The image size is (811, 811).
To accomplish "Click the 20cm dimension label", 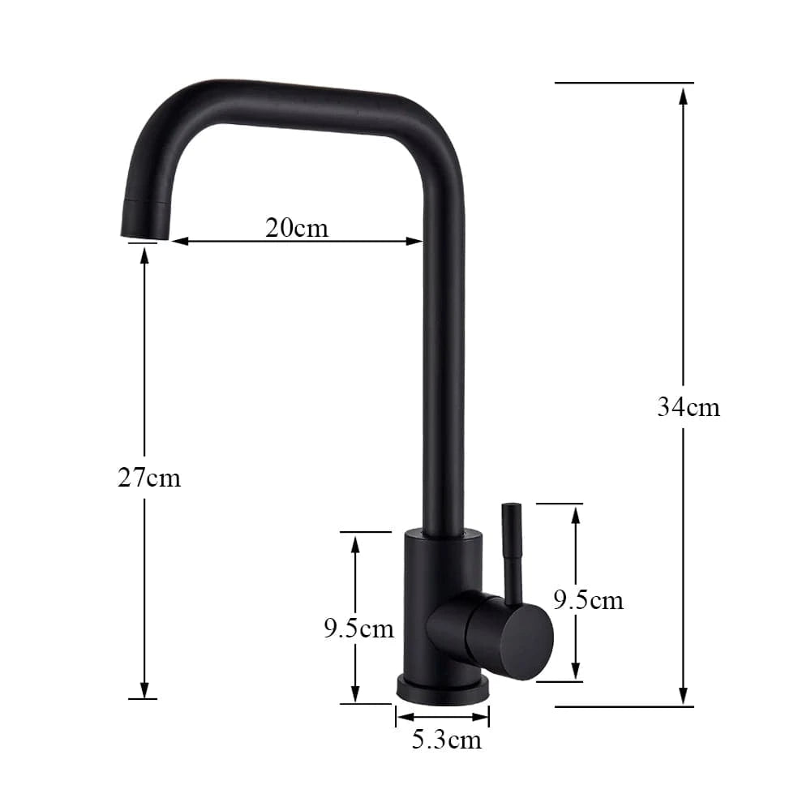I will (297, 228).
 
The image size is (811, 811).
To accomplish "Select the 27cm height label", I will (149, 478).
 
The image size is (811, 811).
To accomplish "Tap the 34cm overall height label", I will (688, 406).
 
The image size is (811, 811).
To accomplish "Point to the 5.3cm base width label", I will (446, 740).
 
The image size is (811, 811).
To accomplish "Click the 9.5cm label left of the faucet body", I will (358, 628).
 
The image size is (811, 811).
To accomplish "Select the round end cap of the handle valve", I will (526, 641).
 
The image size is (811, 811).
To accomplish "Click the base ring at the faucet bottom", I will (443, 690).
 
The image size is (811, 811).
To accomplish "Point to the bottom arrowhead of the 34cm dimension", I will (683, 695).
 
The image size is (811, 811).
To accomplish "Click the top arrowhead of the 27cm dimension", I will (144, 255).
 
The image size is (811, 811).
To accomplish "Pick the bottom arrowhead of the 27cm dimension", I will (144, 689).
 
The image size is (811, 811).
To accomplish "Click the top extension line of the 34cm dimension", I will (624, 83).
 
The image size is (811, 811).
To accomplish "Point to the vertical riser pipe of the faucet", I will (444, 365).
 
